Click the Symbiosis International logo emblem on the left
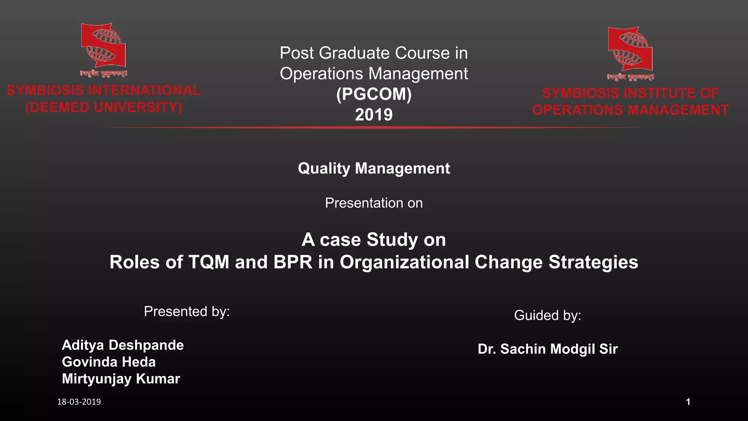click(103, 45)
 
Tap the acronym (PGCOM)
click(374, 94)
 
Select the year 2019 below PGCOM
click(374, 115)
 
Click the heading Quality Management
click(374, 168)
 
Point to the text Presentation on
click(374, 203)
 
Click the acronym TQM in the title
click(209, 262)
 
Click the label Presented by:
click(187, 311)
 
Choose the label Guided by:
click(547, 315)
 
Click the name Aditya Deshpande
click(123, 345)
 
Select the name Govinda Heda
click(109, 362)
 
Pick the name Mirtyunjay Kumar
click(121, 379)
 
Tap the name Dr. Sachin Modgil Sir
click(547, 349)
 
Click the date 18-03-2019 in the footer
click(79, 402)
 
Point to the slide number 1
click(688, 402)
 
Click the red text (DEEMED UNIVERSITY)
click(104, 107)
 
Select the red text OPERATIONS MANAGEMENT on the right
click(630, 110)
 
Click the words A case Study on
click(374, 240)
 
